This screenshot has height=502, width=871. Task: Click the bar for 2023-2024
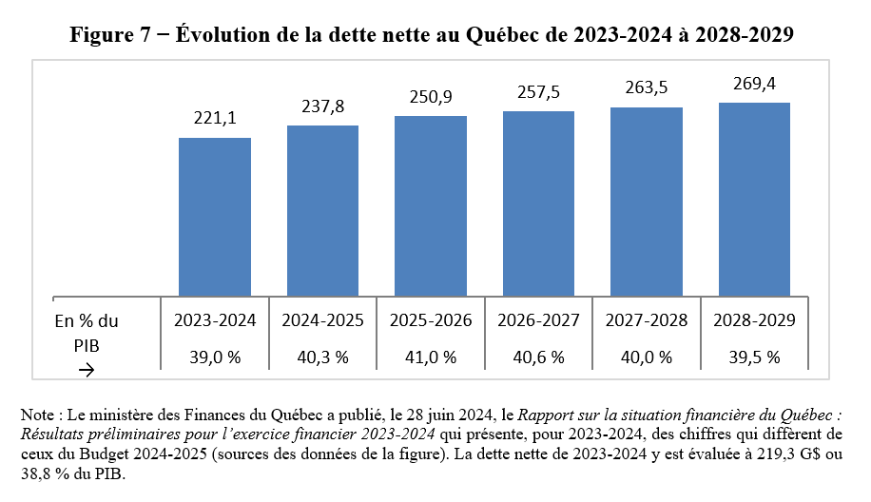[214, 217]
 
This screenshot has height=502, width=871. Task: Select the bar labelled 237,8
[322, 211]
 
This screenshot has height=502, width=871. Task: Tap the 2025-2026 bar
[431, 206]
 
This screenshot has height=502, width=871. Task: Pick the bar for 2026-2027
[538, 203]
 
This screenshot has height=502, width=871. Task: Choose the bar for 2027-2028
[647, 202]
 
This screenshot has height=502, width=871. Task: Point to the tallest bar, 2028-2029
[754, 200]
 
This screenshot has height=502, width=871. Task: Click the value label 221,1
[215, 118]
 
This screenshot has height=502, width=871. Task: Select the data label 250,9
[431, 97]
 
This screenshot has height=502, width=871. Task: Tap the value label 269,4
[754, 84]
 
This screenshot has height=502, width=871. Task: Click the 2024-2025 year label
[322, 320]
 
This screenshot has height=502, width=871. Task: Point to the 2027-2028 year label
[647, 320]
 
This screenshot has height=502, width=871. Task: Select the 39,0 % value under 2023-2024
[215, 357]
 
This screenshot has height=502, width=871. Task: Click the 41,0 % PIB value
[431, 357]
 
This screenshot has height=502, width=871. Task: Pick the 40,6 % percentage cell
[538, 357]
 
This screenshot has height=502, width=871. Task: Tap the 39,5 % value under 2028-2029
[754, 357]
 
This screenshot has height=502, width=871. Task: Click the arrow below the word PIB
[87, 370]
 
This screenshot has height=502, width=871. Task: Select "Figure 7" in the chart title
[110, 35]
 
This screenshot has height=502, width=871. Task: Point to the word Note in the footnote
[38, 415]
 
